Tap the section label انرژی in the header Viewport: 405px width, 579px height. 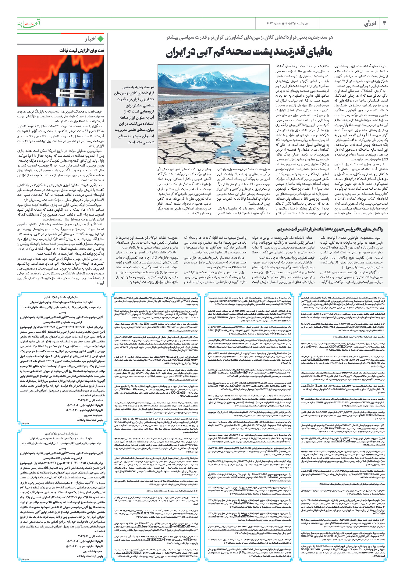point(370,24)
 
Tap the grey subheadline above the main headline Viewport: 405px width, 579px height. point(250,38)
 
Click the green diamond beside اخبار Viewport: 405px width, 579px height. point(100,39)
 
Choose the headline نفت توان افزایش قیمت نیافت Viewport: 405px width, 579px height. point(82,50)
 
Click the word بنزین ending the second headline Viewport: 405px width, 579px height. point(282,229)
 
